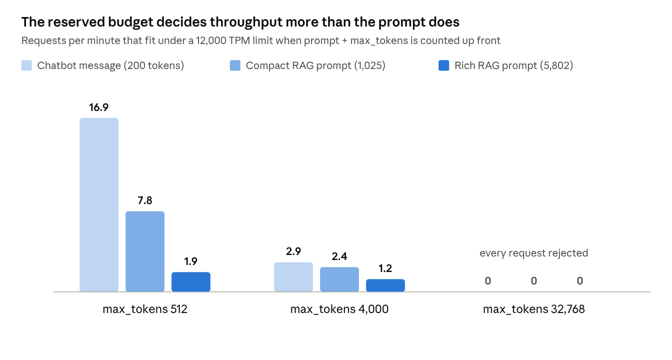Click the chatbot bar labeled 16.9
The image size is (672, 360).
pos(99,204)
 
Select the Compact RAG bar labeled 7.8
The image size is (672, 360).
pos(145,251)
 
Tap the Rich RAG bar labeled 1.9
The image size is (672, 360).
pos(191,281)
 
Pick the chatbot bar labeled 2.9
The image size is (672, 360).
pos(293,277)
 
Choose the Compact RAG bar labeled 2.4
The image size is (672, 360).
pos(339,279)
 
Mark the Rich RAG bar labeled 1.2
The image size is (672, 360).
pos(385,285)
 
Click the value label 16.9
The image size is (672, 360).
pos(98,107)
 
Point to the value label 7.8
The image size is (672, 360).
pos(145,200)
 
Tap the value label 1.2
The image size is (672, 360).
pos(385,268)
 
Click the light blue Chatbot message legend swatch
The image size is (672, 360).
pos(26,65)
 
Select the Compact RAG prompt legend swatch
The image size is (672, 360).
pos(235,65)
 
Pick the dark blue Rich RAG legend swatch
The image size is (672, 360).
pos(443,65)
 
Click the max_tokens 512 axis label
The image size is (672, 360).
pos(145,309)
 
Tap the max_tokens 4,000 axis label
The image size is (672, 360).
pos(339,309)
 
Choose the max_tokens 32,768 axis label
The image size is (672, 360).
pos(533,309)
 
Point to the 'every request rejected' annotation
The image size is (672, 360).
pos(533,253)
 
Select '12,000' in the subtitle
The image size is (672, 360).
pos(211,40)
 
